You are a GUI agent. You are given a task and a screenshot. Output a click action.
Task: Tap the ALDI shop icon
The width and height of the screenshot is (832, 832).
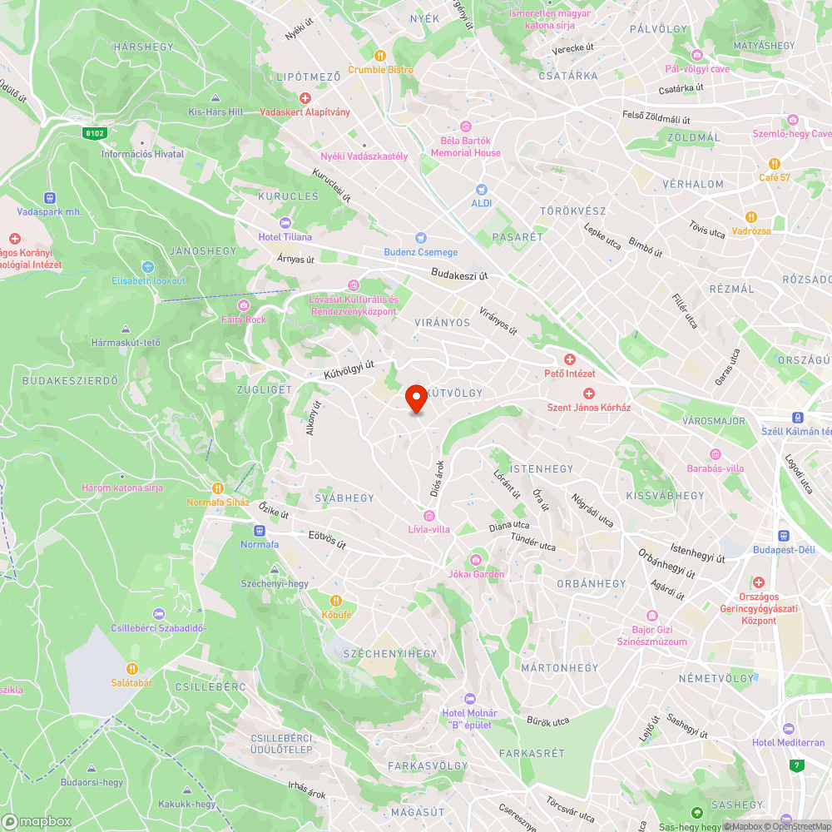(481, 190)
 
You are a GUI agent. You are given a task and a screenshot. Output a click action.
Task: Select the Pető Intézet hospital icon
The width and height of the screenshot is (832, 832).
(569, 359)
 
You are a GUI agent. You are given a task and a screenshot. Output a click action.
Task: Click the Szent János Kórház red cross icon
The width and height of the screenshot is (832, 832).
(588, 394)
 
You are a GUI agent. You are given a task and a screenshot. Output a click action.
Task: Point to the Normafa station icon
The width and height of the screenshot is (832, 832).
(259, 530)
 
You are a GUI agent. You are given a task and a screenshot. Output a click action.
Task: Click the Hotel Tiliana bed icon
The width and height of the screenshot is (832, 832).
(285, 223)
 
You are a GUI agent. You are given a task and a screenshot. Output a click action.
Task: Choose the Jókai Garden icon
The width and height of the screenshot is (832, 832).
(476, 560)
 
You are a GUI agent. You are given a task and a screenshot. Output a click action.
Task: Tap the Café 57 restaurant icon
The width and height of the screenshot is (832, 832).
(774, 164)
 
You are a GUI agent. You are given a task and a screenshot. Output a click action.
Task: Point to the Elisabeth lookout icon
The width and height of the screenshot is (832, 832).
(149, 266)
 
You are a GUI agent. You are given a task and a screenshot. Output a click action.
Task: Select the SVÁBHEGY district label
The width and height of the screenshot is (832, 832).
(344, 498)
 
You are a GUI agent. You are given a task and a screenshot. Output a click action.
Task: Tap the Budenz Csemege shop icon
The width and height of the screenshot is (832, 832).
(420, 238)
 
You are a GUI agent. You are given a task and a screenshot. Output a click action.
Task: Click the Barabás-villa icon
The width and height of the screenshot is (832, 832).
(715, 453)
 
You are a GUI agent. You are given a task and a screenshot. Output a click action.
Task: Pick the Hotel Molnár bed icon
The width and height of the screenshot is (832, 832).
(469, 699)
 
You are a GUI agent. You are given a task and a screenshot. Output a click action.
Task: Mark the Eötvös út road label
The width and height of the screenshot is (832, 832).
(327, 541)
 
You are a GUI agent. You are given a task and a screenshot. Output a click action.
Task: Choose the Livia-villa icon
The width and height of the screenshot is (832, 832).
(429, 515)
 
